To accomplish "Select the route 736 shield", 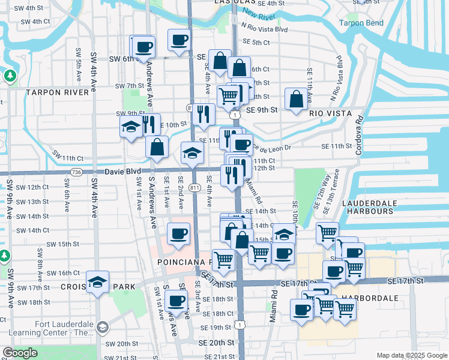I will [76, 172].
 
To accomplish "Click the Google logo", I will [20, 353].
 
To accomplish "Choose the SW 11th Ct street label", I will [67, 158].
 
